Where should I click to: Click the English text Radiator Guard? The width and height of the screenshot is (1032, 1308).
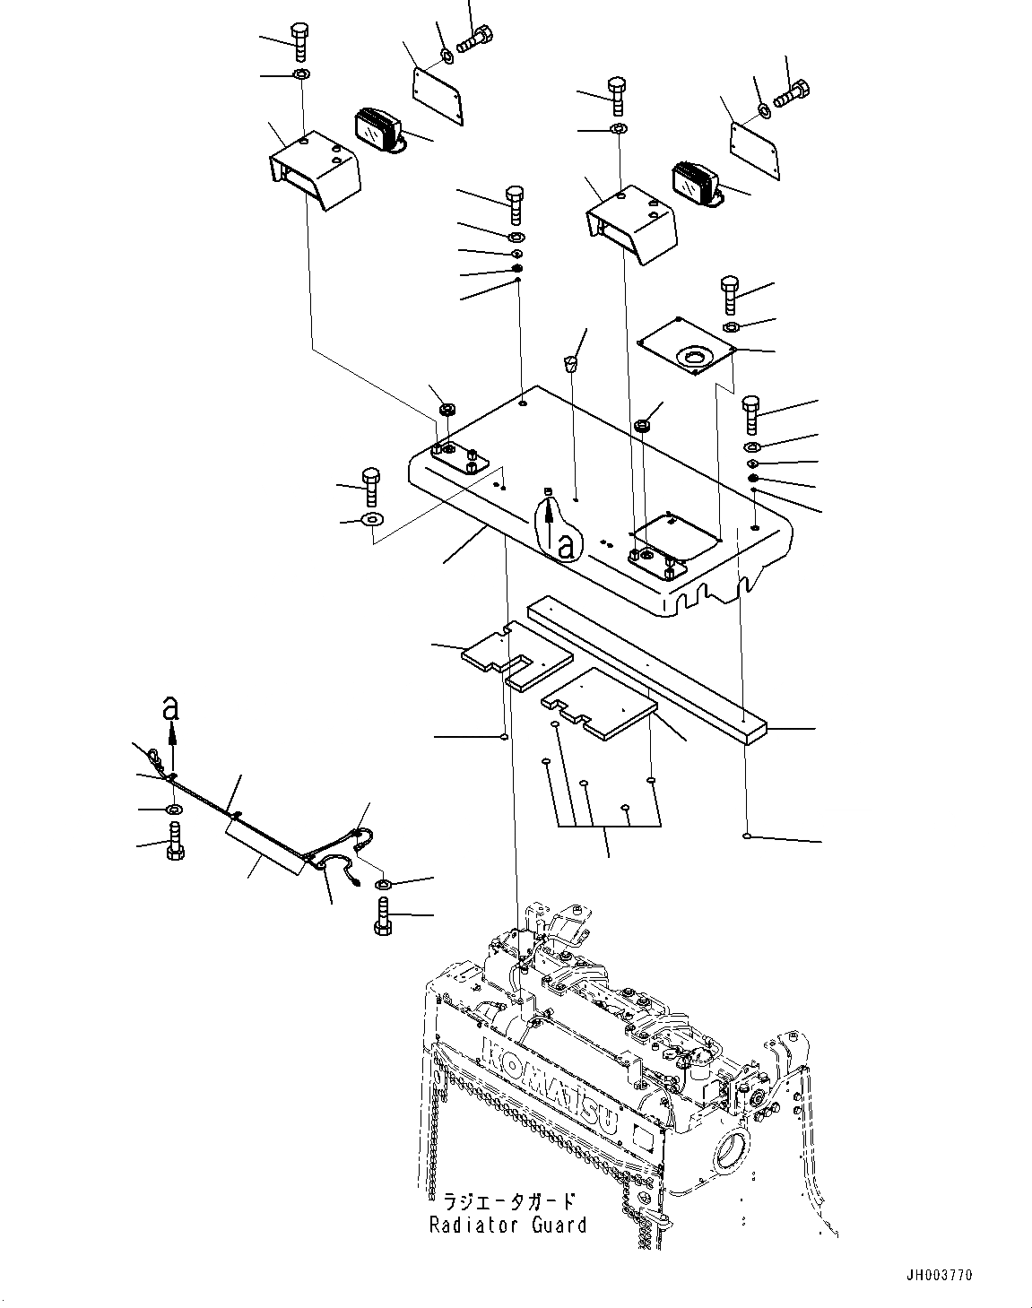point(507,1225)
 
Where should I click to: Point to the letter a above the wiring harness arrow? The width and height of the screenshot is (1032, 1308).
point(170,708)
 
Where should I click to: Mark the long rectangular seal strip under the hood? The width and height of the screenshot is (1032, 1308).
point(646,669)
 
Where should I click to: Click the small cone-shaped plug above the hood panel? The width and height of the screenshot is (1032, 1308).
point(569,363)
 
